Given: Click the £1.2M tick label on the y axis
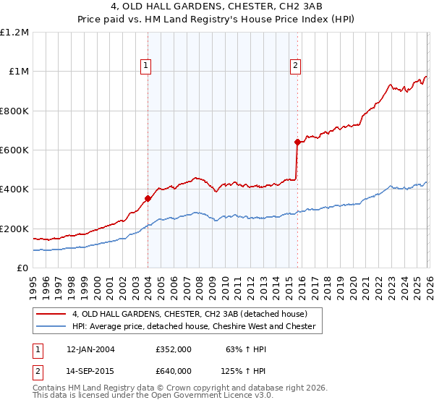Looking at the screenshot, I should [14, 33].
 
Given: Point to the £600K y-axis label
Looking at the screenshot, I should [14, 150].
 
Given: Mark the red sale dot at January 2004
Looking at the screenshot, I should [148, 198].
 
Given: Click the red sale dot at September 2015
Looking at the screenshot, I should [297, 142].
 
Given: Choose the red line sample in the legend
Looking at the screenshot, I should [51, 314].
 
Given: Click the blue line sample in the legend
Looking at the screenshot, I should [51, 326].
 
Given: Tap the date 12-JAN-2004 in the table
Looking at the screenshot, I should [90, 349].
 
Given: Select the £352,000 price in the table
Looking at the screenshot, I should [173, 349].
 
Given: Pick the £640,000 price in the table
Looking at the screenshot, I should [173, 370].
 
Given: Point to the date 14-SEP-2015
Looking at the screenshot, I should [90, 370].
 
